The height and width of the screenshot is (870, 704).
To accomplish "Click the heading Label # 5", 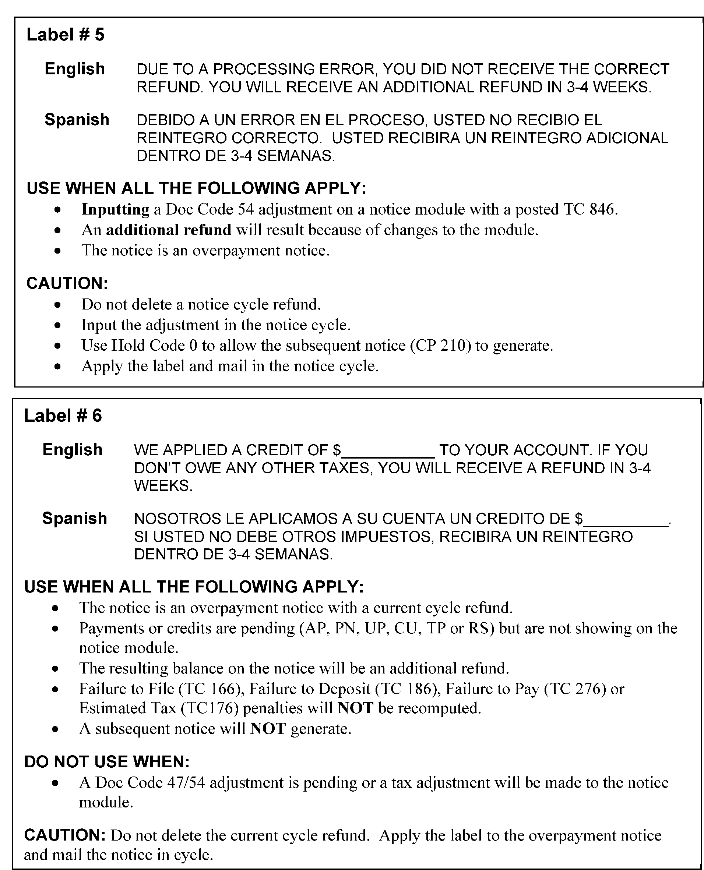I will coord(65,35).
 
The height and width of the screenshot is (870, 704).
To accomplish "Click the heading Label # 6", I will coord(63,416).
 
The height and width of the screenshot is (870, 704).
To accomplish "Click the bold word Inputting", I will coord(116,209).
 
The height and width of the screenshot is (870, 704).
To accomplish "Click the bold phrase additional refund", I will coord(168,230).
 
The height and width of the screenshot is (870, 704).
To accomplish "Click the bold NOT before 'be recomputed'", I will coord(355,708).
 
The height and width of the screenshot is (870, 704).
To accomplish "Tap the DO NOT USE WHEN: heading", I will coord(107,762).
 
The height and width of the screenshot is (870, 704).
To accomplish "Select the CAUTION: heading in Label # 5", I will coord(67,284).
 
